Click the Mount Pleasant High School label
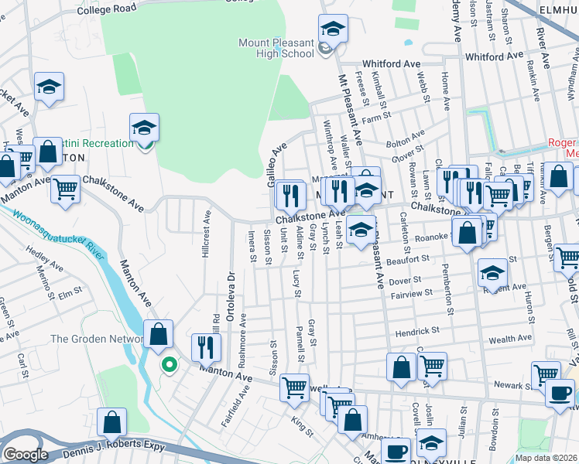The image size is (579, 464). click(x=276, y=48)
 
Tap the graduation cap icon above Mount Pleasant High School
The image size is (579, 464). click(x=333, y=29)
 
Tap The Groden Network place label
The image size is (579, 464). click(x=97, y=339)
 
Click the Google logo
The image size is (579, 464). click(x=26, y=455)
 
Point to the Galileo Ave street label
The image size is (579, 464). click(x=276, y=164)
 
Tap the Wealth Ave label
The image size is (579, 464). click(x=509, y=338)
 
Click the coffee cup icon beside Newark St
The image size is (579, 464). click(x=559, y=392)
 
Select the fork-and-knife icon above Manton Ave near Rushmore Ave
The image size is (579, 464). click(x=205, y=347)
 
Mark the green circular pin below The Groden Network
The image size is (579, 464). click(x=167, y=363)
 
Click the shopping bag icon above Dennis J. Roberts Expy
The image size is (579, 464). click(x=112, y=422)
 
